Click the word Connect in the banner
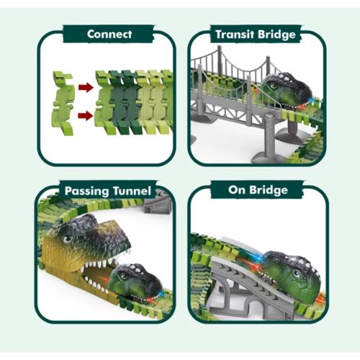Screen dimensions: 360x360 click(109, 34)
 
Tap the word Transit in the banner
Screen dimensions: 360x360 click(235, 35)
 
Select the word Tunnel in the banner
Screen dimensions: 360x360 click(132, 191)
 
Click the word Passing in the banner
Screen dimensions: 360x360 click(87, 192)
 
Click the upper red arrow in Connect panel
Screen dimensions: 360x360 click(86, 87)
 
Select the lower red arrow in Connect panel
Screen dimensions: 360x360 click(86, 116)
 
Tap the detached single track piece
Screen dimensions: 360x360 click(63, 103)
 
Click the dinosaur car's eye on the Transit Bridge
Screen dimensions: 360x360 click(272, 86)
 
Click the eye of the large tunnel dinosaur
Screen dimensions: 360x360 click(68, 239)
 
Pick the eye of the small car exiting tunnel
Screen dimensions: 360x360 click(124, 276)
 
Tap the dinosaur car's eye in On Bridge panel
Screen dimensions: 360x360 click(297, 273)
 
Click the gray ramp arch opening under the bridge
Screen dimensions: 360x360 click(254, 310)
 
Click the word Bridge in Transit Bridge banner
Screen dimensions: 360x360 click(276, 35)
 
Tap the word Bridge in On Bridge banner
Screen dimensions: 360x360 click(269, 190)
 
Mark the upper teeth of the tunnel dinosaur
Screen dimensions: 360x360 click(101, 261)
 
